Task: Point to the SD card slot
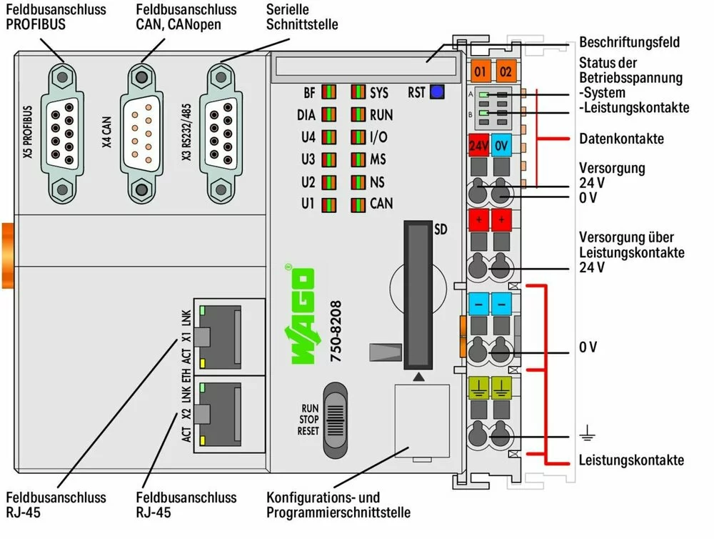coord(417,295)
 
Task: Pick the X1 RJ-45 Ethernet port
coord(223,335)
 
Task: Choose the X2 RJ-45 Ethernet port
coord(223,414)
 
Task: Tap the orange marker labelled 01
coord(479,71)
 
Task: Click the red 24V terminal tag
coord(478,146)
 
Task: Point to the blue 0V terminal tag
coord(501,146)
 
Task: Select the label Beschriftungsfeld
coord(629,42)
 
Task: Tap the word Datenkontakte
coord(621,138)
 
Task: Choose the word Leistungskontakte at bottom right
coord(632,460)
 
